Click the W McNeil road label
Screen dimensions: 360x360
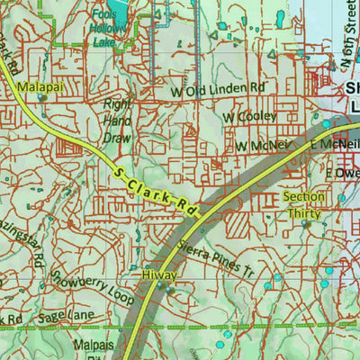[264, 145]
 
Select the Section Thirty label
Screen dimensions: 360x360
[304, 205]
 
